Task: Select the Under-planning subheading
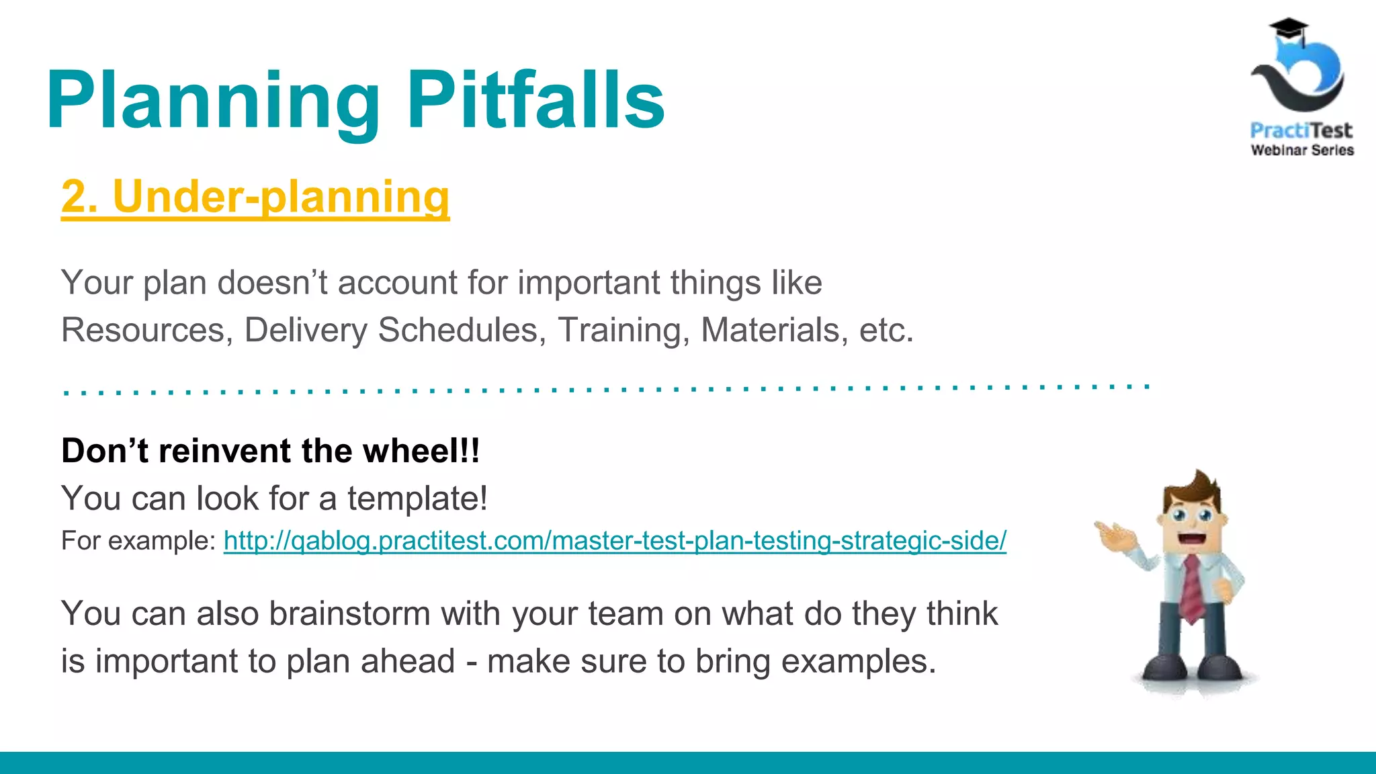pyautogui.click(x=255, y=197)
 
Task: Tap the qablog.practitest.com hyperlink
pyautogui.click(x=615, y=541)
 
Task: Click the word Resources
pyautogui.click(x=143, y=331)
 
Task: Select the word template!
pyautogui.click(x=417, y=499)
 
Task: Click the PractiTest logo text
pyautogui.click(x=1301, y=130)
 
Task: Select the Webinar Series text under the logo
pyautogui.click(x=1301, y=150)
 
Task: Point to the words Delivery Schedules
pyautogui.click(x=391, y=331)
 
